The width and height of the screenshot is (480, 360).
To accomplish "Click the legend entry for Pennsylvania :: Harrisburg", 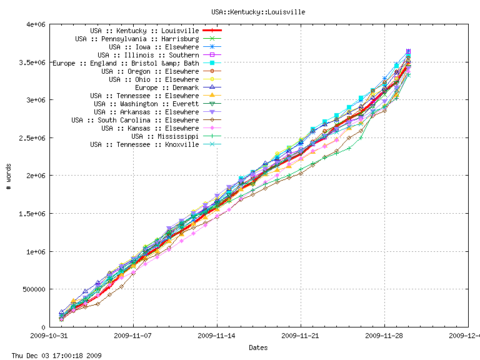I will pos(137,39).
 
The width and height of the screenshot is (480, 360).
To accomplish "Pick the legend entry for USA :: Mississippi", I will pos(165,136).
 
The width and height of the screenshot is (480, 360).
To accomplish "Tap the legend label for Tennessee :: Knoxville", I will pos(144,144).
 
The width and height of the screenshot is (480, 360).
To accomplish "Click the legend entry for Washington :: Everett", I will pos(146,104).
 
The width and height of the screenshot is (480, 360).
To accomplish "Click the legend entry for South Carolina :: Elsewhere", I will pos(135,120).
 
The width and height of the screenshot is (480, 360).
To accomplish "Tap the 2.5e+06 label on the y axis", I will pos(31,138).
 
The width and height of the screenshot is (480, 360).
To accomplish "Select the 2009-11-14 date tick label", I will pos(217,335).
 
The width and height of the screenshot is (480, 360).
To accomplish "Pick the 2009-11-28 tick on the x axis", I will pos(384,335).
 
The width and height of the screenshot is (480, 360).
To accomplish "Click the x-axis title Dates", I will pos(258,347).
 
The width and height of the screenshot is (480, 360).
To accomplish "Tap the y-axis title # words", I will pos(9,176).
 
